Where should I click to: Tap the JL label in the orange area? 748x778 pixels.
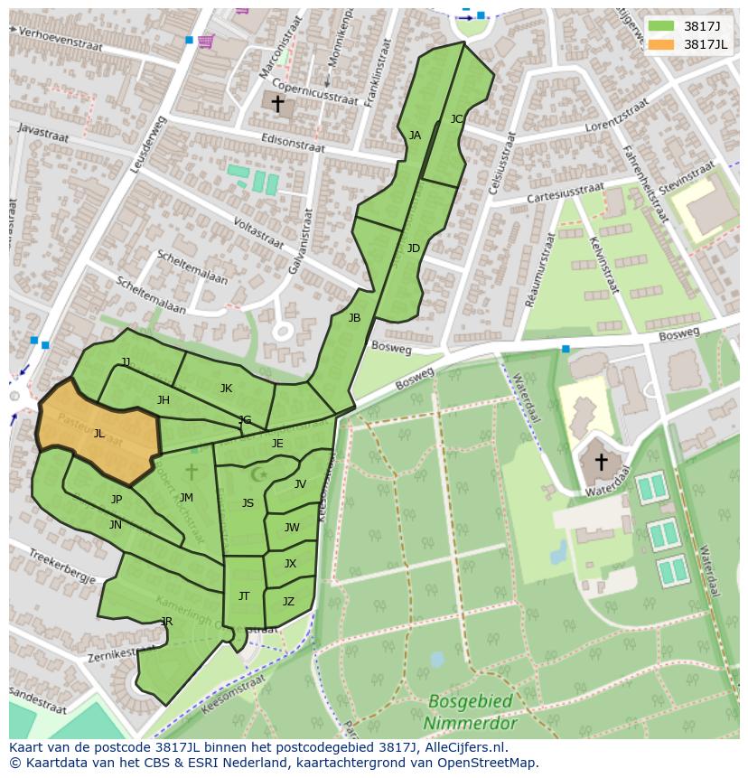(x=98, y=434)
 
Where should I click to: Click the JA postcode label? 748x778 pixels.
(x=415, y=136)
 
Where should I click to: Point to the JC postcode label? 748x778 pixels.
(x=456, y=118)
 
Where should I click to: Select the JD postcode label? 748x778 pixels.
(x=413, y=248)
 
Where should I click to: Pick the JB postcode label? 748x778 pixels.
(x=354, y=318)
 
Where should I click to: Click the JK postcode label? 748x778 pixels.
(x=226, y=389)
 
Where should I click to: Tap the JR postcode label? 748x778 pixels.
(x=166, y=622)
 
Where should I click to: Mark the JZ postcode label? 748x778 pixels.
(x=288, y=602)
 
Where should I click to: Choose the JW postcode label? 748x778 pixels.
(x=292, y=528)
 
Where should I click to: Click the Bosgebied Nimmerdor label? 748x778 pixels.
(x=471, y=712)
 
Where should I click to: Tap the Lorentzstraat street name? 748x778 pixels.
(x=617, y=116)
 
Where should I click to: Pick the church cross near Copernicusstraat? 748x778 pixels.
(x=277, y=103)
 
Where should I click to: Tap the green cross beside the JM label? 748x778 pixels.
(x=191, y=472)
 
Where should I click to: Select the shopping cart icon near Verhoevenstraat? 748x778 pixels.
(x=206, y=42)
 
